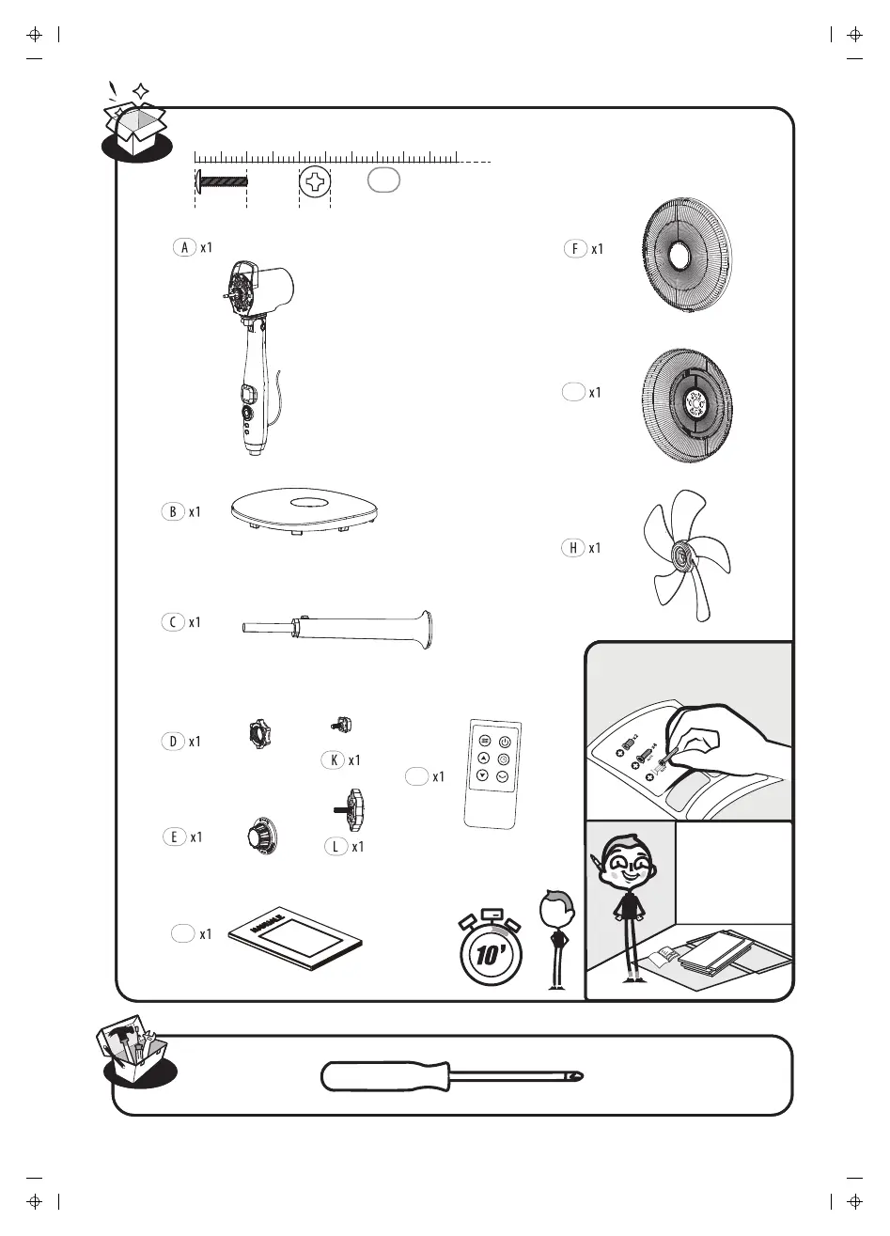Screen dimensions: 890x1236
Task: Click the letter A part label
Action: point(185,247)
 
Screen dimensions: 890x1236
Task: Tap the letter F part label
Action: point(574,249)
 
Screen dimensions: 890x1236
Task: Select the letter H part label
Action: point(572,548)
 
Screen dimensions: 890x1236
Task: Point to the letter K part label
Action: point(332,759)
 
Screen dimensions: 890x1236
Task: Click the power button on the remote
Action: point(504,741)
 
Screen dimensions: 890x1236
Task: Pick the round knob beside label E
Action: point(259,836)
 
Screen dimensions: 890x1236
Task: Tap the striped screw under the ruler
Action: point(221,180)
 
